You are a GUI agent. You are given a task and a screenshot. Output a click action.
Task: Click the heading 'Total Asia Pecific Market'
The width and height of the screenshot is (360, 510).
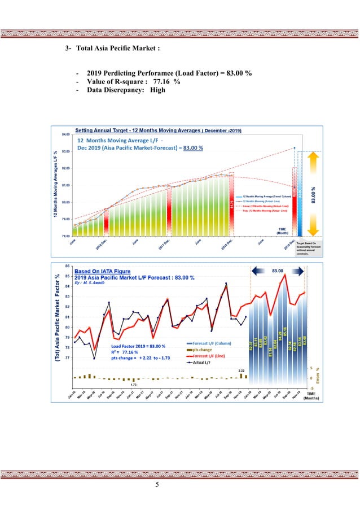(118, 49)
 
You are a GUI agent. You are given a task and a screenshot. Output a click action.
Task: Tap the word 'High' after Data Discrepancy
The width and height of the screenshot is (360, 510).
(157, 90)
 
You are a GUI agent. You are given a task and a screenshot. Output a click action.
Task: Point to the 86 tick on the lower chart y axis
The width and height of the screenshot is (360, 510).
(68, 266)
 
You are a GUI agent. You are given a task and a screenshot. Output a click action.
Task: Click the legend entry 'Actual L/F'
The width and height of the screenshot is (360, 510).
(201, 363)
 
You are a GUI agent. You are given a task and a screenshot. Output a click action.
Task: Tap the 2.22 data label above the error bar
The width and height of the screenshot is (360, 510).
(241, 370)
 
